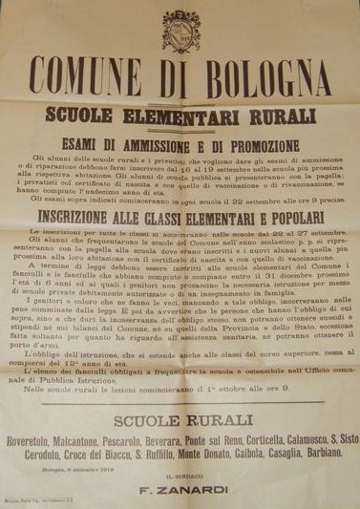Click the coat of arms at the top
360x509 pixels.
tap(181, 30)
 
